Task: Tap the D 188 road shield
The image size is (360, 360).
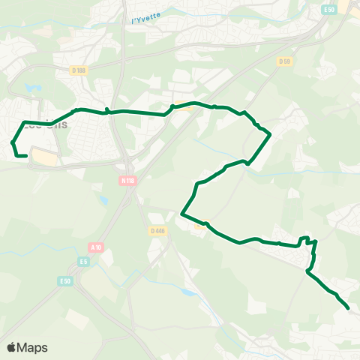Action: (79, 70)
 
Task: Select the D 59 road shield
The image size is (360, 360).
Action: (283, 61)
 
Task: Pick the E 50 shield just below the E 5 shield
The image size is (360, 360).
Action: (66, 280)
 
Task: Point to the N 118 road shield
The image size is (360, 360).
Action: (127, 180)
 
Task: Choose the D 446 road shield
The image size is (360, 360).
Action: (157, 231)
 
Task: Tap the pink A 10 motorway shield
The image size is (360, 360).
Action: (95, 247)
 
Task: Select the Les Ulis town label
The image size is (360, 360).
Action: (45, 126)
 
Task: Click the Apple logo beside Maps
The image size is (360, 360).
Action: (13, 347)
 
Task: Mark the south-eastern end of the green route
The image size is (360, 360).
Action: (349, 307)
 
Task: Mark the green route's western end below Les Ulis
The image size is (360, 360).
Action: (26, 156)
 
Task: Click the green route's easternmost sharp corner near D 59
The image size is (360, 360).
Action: (270, 136)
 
